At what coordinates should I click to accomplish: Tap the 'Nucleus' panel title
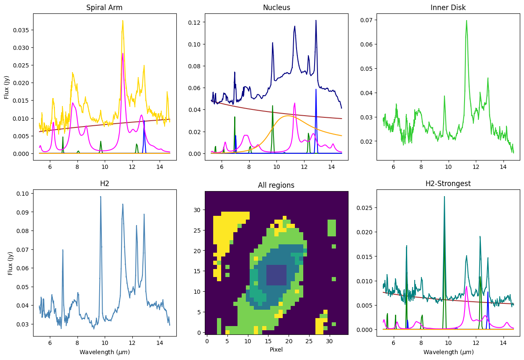(276, 8)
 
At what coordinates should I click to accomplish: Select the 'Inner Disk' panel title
(448, 8)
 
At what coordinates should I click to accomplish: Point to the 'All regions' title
(276, 185)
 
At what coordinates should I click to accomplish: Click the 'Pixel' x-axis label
(276, 349)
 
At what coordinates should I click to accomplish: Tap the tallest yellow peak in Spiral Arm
(123, 21)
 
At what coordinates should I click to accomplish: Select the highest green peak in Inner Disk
(466, 21)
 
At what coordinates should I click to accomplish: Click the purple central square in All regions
(276, 275)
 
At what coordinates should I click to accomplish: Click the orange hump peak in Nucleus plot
(288, 116)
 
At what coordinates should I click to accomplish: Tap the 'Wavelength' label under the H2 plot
(105, 352)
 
